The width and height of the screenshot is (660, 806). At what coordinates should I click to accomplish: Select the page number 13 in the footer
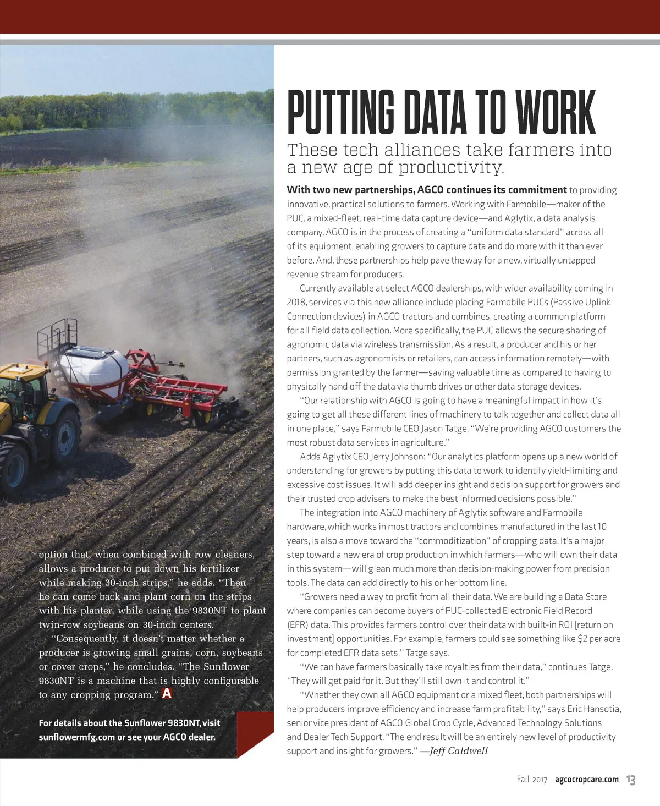point(631,780)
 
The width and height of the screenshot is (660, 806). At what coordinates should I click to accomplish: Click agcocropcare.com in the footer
point(587,780)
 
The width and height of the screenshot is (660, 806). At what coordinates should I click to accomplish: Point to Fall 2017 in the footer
point(532,780)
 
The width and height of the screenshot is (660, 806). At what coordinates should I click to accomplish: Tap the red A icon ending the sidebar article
point(167,694)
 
